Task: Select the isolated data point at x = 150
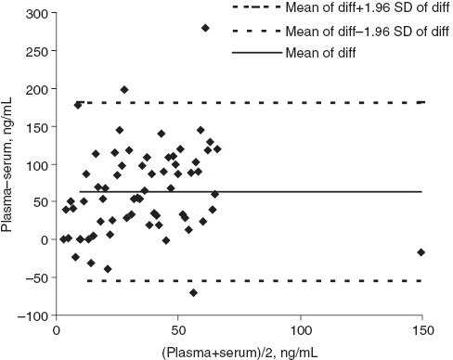pyautogui.click(x=421, y=252)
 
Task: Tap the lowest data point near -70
pyautogui.click(x=193, y=293)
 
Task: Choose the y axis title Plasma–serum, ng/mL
pyautogui.click(x=10, y=164)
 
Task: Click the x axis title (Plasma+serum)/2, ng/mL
pyautogui.click(x=239, y=351)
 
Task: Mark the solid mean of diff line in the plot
pyautogui.click(x=278, y=192)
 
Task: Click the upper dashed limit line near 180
pyautogui.click(x=278, y=102)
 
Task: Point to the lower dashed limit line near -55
pyautogui.click(x=278, y=280)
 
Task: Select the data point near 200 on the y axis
pyautogui.click(x=124, y=90)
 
